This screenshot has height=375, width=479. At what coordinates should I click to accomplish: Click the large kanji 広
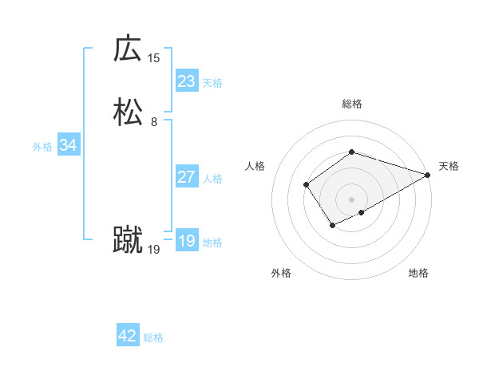pos(128,49)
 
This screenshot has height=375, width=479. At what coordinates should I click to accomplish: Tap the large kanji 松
pos(128,112)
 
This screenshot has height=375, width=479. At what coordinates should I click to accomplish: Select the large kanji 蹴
pos(128,239)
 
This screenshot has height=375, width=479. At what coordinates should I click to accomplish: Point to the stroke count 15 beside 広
pos(153,57)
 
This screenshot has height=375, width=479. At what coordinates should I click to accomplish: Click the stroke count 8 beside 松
pos(153,122)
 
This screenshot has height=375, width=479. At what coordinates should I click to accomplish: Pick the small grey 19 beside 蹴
pos(153,250)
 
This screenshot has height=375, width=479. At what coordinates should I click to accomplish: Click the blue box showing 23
pos(186,81)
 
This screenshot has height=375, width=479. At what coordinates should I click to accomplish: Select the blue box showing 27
pos(186,177)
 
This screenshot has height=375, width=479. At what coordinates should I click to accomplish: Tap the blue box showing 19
pos(186,241)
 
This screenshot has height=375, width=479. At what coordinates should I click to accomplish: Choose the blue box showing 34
pos(68,145)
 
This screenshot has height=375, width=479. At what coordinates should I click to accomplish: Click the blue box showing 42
pos(127,336)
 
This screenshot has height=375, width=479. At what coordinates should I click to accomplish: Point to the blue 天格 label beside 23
pos(212,83)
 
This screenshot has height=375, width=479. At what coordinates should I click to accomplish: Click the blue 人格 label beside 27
pos(212,179)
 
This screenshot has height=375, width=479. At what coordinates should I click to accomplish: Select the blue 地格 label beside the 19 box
pos(212,243)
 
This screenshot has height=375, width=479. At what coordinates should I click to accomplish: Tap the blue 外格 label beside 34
pos(42,147)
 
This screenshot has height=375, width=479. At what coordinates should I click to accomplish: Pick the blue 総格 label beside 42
pos(153,337)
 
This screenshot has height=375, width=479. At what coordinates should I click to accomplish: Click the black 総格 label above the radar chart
pos(352,104)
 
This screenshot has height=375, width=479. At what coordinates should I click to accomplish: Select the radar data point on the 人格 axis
pos(306,185)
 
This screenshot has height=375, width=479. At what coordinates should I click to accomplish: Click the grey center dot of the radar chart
pos(352,199)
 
